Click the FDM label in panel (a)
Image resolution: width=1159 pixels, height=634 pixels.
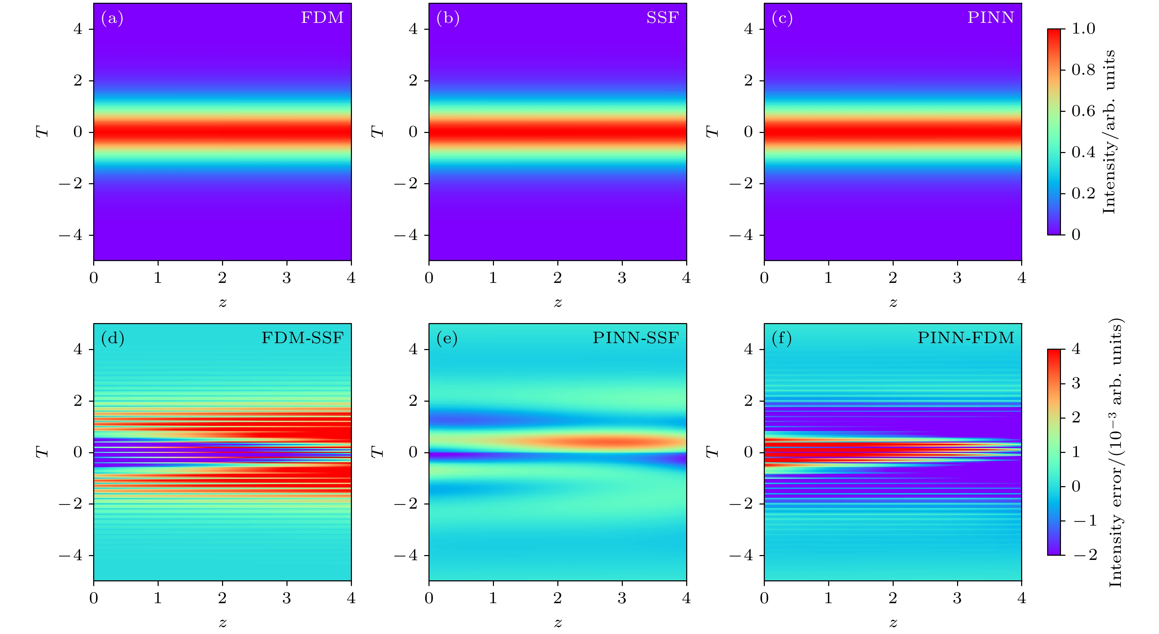point(322,18)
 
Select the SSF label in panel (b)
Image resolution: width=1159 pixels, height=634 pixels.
point(662,18)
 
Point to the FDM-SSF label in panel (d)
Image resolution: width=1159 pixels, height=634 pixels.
point(302,338)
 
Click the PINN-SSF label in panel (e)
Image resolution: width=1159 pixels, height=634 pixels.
point(635,338)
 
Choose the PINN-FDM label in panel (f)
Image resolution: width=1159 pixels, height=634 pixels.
point(966,338)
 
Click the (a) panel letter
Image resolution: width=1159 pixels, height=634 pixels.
point(112,18)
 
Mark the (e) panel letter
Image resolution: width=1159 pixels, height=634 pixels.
point(447,339)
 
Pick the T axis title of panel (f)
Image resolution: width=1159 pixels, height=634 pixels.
point(713,452)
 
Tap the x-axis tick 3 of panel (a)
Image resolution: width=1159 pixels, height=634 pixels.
point(286,278)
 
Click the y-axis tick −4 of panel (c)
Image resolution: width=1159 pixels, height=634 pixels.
point(742,235)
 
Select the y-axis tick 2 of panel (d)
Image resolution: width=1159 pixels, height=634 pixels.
point(78,401)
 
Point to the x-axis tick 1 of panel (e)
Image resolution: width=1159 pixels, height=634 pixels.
point(494,598)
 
